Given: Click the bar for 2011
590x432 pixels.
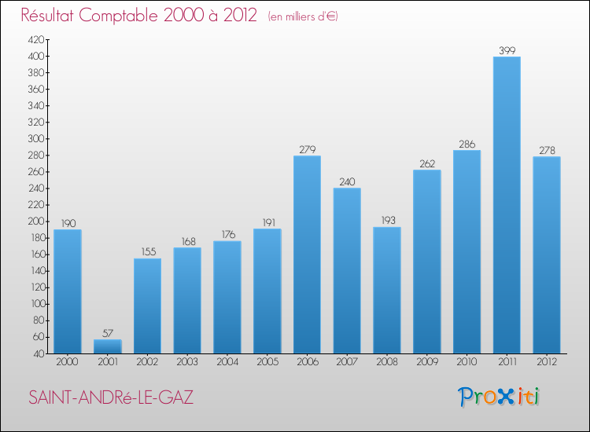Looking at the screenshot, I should point(507,204).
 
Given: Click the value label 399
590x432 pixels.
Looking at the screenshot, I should point(507,50).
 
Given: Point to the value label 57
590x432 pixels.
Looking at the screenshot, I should point(108,333).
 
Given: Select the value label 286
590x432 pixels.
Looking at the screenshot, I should point(466,144).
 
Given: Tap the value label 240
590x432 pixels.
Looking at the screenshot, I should point(347,181).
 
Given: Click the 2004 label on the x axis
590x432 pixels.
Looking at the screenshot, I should point(227,361).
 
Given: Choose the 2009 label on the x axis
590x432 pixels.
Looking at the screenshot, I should point(426,361).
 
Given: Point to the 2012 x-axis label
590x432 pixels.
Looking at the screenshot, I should point(547,361).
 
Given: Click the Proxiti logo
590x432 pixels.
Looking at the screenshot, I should point(499,397).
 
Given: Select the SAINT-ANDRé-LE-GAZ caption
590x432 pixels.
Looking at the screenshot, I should point(111,397).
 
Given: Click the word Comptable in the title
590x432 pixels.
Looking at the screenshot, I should point(128,16).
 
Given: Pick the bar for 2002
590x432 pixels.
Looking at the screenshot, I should point(147,306).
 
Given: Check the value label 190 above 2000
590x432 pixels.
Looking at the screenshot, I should point(68,223).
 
